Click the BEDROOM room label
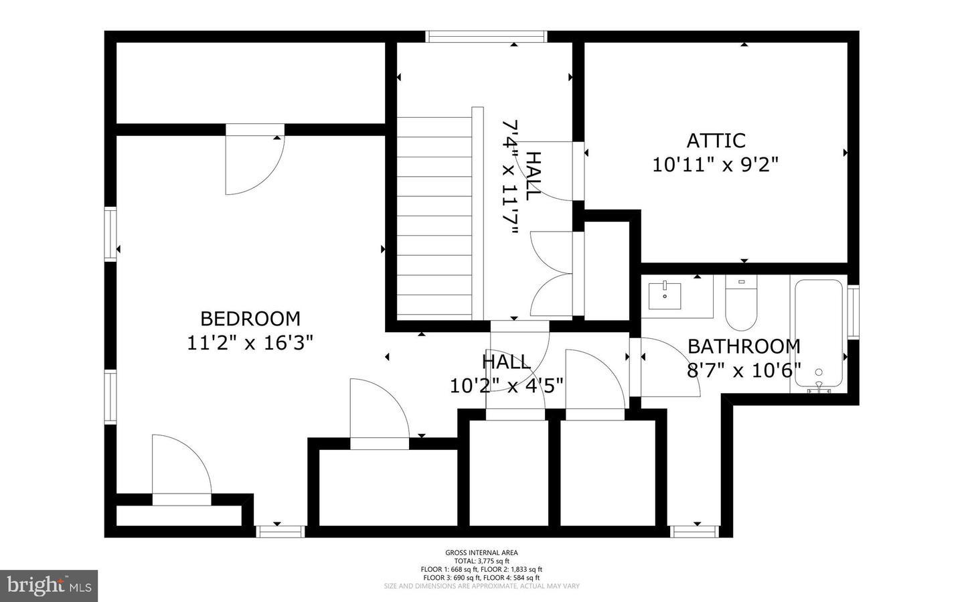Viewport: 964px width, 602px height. pyautogui.click(x=250, y=318)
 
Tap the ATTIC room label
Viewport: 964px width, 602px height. pyautogui.click(x=716, y=141)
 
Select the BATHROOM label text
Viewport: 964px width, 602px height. pyautogui.click(x=744, y=346)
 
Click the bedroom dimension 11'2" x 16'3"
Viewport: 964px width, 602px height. pyautogui.click(x=250, y=343)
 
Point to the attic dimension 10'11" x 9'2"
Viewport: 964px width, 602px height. pyautogui.click(x=716, y=164)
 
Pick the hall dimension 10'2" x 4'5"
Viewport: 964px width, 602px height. pyautogui.click(x=506, y=386)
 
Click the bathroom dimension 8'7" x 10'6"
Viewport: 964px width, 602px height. pyautogui.click(x=744, y=370)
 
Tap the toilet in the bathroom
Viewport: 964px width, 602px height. pyautogui.click(x=740, y=305)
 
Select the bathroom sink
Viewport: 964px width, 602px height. pyautogui.click(x=665, y=295)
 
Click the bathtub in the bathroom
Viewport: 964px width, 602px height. pyautogui.click(x=818, y=332)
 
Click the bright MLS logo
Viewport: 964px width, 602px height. pyautogui.click(x=49, y=586)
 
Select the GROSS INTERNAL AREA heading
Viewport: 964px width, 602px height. pyautogui.click(x=481, y=552)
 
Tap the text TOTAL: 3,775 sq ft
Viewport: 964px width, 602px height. pyautogui.click(x=481, y=561)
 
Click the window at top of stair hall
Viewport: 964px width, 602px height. pyautogui.click(x=487, y=37)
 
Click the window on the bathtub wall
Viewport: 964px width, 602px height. pyautogui.click(x=853, y=311)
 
